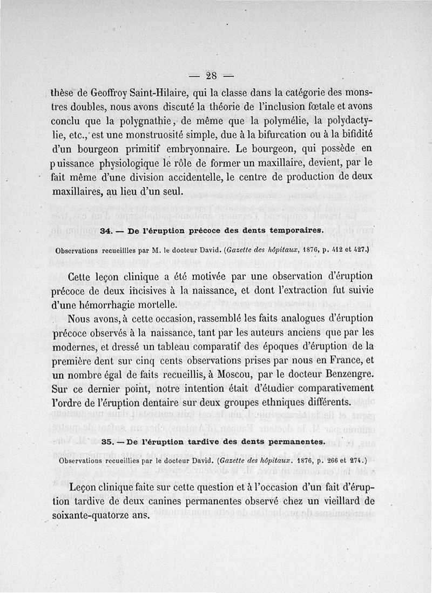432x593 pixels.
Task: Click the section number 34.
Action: click(x=106, y=230)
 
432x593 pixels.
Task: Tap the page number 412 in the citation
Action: click(x=339, y=251)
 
